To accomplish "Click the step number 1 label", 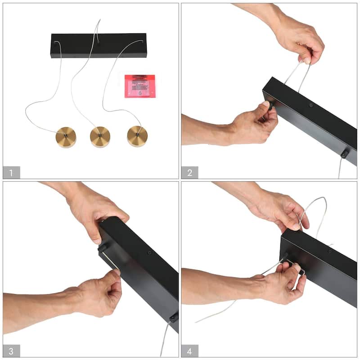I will [12, 172].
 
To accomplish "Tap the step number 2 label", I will [190, 172].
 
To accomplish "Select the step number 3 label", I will [12, 351].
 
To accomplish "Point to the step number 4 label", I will [190, 351].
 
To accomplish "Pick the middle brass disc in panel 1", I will [100, 135].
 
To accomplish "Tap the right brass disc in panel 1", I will [137, 135].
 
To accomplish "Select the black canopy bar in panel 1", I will [99, 45].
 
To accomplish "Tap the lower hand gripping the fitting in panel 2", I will [252, 124].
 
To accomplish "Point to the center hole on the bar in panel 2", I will [311, 105].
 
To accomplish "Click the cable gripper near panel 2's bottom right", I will [344, 154].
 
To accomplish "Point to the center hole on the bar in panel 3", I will [148, 253].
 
